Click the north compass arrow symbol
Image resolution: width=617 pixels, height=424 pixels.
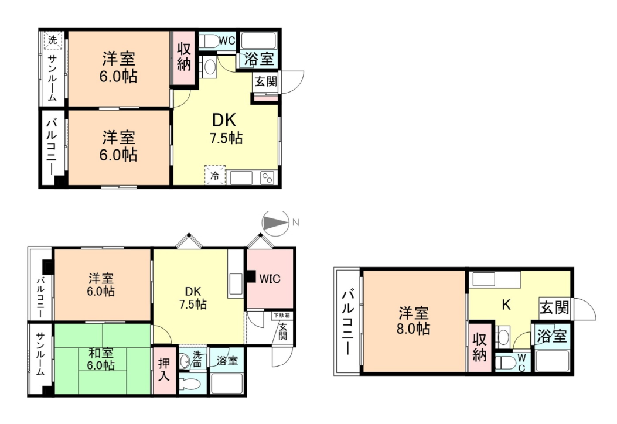(x=275, y=223)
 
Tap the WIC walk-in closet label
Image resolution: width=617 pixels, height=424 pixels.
(x=270, y=279)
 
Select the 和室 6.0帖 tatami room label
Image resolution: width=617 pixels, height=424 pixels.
(x=101, y=359)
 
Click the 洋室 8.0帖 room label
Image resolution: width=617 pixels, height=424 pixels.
(x=413, y=321)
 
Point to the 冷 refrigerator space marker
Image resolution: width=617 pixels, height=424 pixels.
(x=214, y=175)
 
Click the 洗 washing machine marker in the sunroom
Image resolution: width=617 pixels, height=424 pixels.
(x=53, y=40)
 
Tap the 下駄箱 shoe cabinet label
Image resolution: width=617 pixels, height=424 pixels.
(x=282, y=316)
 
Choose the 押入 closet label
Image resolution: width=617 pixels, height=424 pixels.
(x=163, y=370)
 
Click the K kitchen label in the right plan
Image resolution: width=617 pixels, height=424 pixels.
(x=506, y=304)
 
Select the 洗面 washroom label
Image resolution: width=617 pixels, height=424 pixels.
(x=197, y=359)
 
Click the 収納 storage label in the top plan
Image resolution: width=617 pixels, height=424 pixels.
(x=184, y=56)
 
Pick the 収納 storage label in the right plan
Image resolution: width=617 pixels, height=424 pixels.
(x=480, y=347)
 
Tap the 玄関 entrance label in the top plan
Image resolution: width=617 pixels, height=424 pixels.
(x=266, y=81)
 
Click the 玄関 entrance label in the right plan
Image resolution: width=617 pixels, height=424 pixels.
(x=554, y=307)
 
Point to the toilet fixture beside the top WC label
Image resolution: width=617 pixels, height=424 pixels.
(x=209, y=41)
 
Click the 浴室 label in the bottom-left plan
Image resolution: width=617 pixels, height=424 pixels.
(x=227, y=361)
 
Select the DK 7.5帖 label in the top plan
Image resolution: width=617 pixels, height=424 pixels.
(x=225, y=128)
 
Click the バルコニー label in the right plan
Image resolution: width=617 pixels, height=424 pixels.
(x=348, y=322)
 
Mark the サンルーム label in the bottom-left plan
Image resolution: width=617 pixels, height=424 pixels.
(x=40, y=354)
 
